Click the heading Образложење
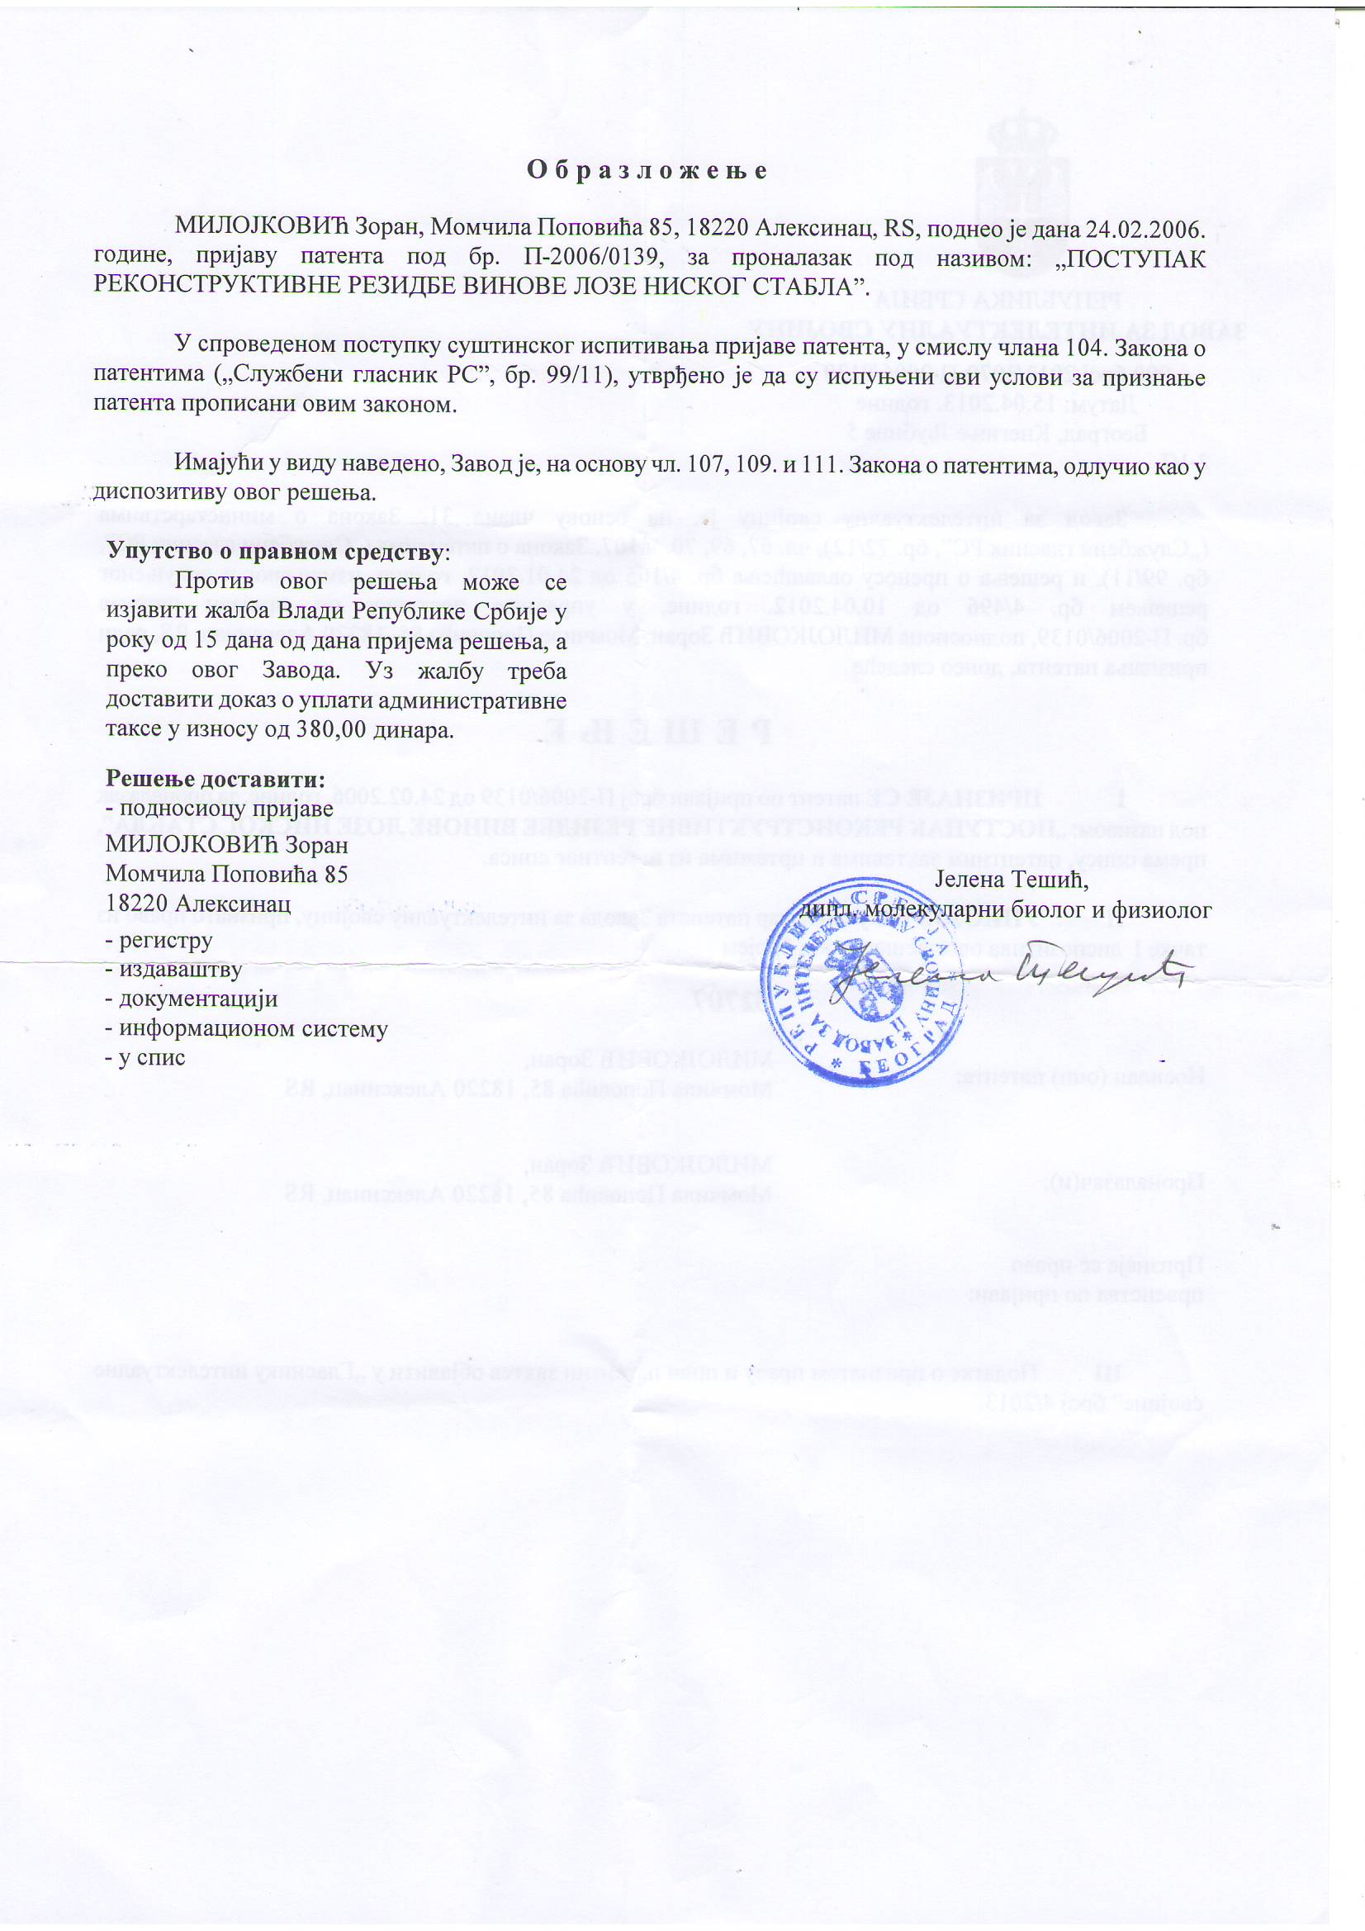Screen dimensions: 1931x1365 coord(647,171)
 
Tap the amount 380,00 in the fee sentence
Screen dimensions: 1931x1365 coord(331,729)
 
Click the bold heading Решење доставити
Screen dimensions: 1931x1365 coord(215,779)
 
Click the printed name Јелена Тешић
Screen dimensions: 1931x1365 coord(1012,880)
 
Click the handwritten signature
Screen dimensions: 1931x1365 coord(1009,977)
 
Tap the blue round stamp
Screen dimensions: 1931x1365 coord(864,980)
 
